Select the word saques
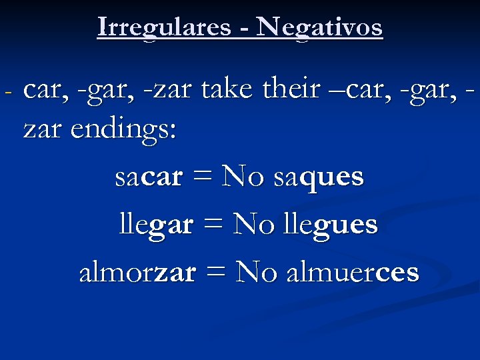tap(319, 177)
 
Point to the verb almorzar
tap(137, 272)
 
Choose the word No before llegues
tap(248, 225)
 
